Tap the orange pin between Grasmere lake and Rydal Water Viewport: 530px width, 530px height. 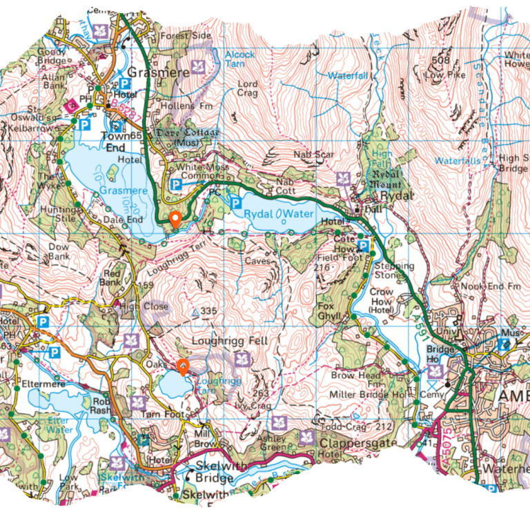point(175,219)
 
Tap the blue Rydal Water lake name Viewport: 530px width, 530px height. point(279,214)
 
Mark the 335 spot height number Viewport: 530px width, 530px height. point(208,312)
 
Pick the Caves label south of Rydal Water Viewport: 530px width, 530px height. point(256,262)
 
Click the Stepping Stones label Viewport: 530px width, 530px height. point(394,271)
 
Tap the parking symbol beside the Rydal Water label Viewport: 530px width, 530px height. point(235,203)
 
